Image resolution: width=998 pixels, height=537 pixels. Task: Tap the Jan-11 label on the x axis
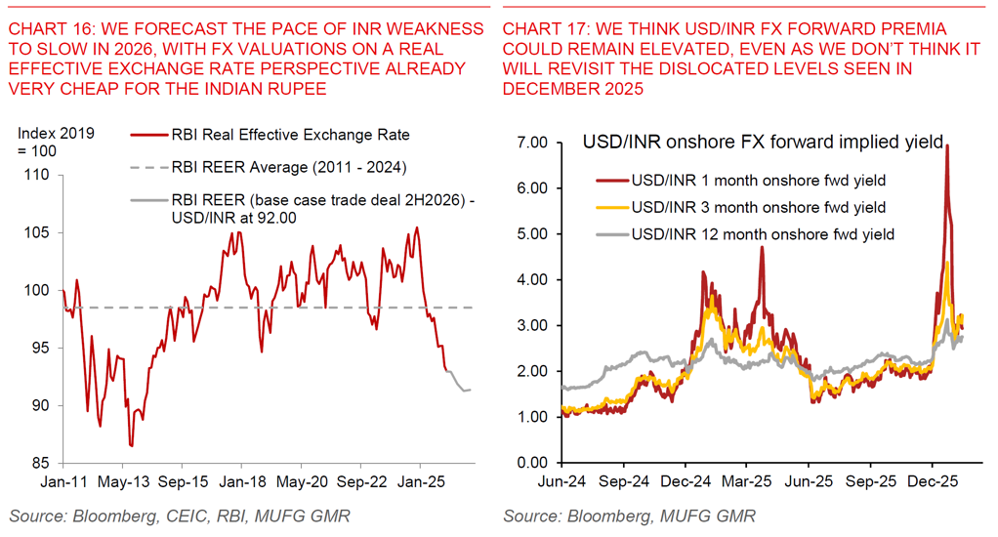[x=62, y=482]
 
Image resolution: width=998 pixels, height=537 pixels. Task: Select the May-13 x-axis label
[x=122, y=482]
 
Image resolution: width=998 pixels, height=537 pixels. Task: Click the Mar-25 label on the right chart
[x=749, y=482]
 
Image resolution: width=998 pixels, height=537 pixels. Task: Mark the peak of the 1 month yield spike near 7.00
[x=947, y=145]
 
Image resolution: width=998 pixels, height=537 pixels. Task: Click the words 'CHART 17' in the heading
[x=538, y=29]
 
